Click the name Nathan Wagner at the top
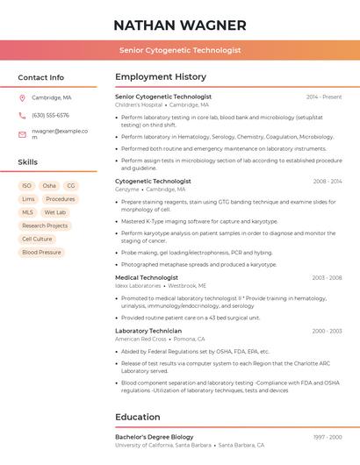point(180,25)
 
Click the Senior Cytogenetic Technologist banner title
point(180,50)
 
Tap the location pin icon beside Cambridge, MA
point(22,97)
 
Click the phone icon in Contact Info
point(22,115)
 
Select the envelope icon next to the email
point(22,134)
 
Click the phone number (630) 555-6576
point(50,115)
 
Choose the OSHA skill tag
point(49,186)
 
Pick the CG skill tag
point(71,186)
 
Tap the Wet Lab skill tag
point(55,212)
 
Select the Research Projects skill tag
point(45,225)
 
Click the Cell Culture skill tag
point(37,239)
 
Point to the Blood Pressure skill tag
point(41,252)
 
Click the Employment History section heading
point(161,77)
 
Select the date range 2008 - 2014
point(328,181)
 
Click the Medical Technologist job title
point(147,277)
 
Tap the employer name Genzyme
point(127,189)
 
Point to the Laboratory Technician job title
point(148,331)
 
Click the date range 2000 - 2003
point(328,331)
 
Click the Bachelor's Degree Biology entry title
point(155,436)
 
